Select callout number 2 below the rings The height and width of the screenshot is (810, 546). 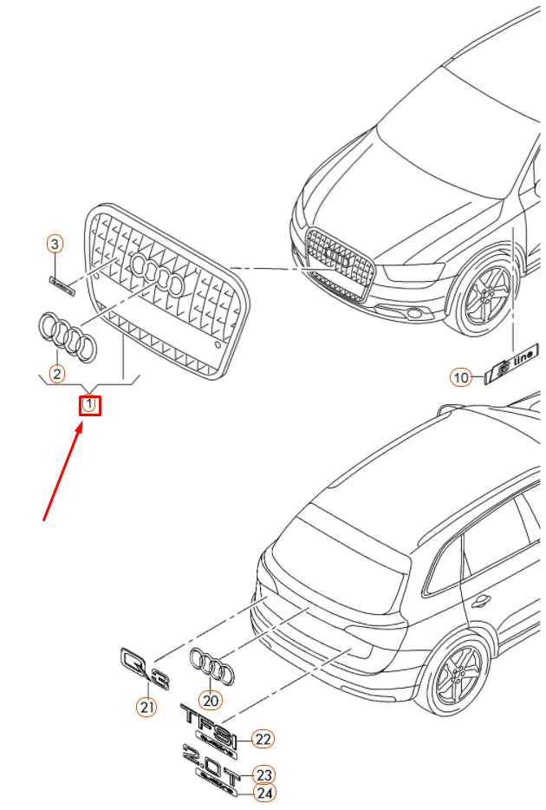[56, 375]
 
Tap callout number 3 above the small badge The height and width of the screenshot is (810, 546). [55, 245]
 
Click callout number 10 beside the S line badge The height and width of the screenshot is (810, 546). [460, 377]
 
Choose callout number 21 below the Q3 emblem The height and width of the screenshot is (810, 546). [146, 707]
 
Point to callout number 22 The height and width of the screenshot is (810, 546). [263, 739]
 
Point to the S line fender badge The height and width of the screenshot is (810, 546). [512, 362]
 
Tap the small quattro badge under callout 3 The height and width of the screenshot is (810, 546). [62, 285]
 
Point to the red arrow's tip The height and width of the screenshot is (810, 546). [84, 423]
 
